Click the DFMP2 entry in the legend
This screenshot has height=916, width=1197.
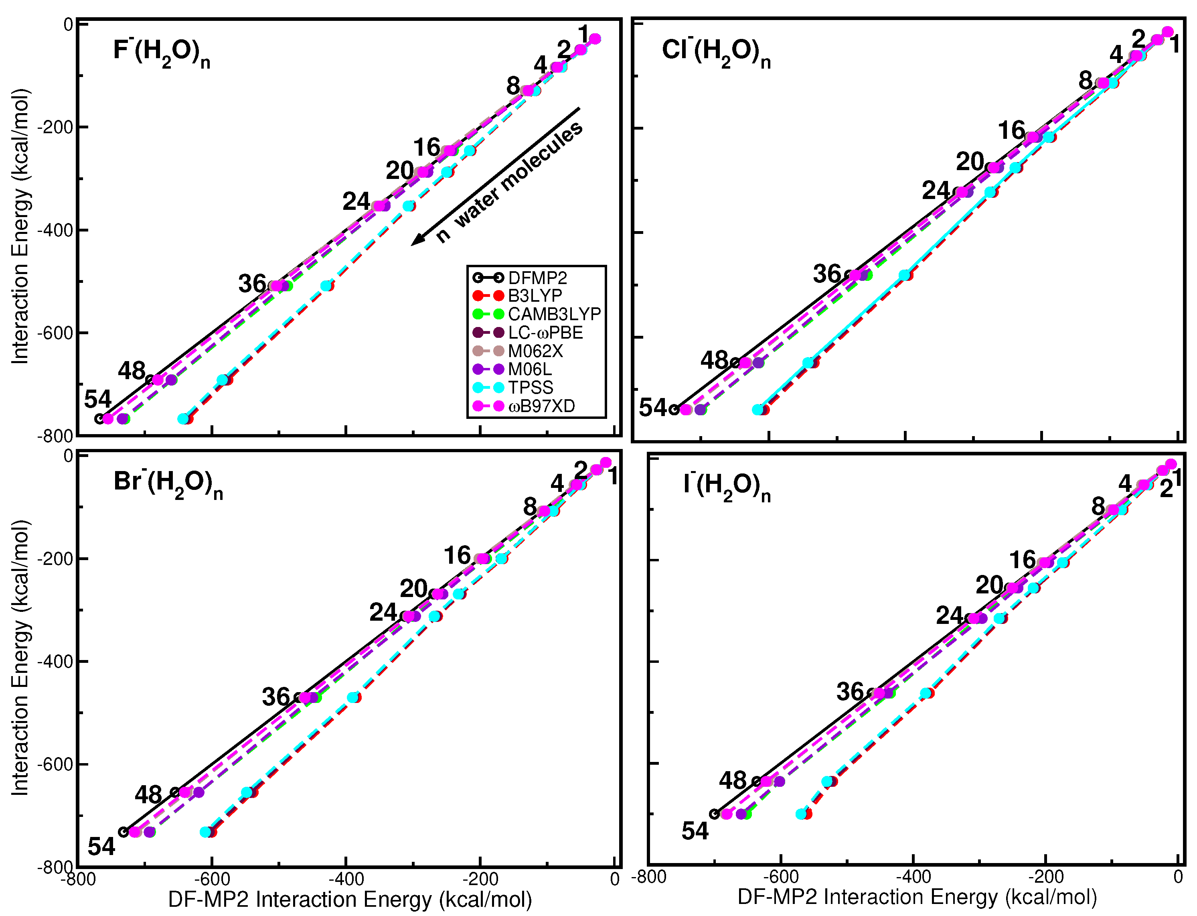(x=537, y=278)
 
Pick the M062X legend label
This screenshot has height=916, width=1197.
(x=535, y=351)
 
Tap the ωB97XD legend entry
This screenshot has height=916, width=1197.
(x=541, y=406)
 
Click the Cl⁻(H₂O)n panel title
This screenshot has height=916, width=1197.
(x=715, y=53)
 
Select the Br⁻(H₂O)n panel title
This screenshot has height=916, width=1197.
(x=168, y=484)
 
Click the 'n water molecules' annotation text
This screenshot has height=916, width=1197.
(x=509, y=183)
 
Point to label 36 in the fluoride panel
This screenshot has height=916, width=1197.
(x=252, y=284)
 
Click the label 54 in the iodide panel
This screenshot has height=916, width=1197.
(x=695, y=831)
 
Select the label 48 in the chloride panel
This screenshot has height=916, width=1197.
(x=714, y=360)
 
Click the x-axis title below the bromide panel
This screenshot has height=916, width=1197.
(x=350, y=900)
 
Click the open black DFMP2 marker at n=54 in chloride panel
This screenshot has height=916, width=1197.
(x=674, y=410)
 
